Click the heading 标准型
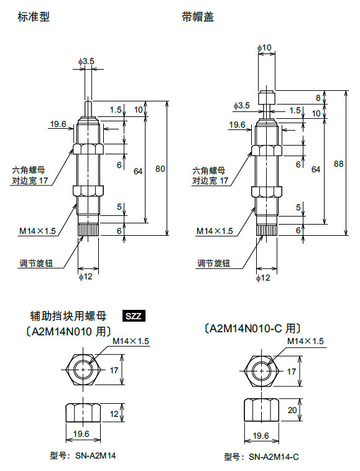34,17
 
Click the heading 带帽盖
198,17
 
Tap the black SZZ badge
134,316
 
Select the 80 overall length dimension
160,169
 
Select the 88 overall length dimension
339,164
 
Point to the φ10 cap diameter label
264,47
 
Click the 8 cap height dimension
318,97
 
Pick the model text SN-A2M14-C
274,457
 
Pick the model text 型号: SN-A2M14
83,455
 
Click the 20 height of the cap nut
292,410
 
